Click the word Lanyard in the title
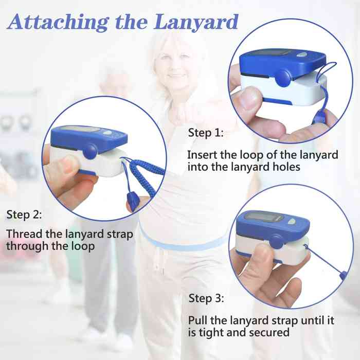click(196, 23)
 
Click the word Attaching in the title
click(58, 23)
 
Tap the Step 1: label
click(206, 133)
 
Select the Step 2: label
click(24, 214)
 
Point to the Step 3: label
click(206, 298)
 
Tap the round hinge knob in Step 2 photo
click(90, 152)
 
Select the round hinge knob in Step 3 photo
click(276, 242)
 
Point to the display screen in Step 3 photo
click(263, 217)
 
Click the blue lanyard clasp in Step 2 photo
click(133, 201)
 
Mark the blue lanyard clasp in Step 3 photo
click(343, 275)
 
